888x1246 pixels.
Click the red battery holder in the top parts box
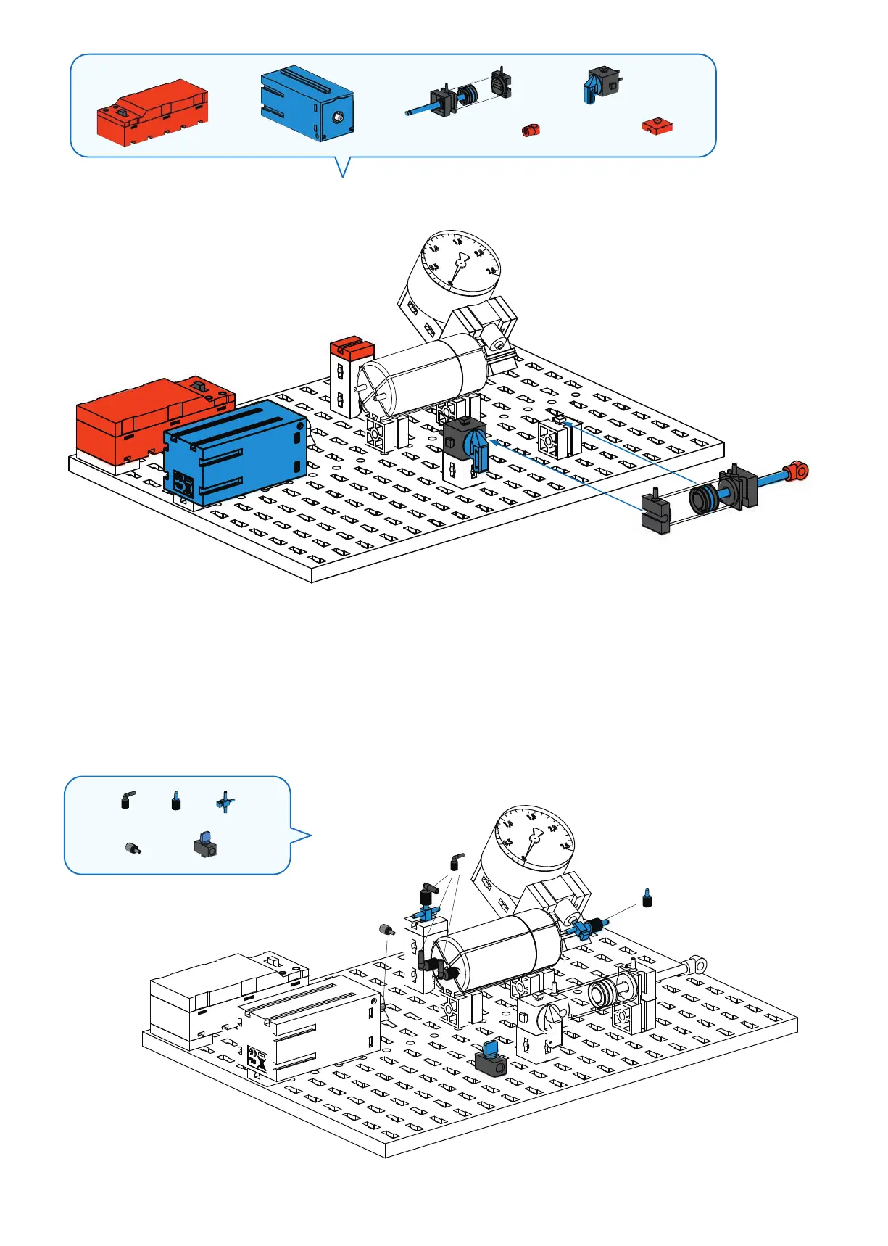[153, 114]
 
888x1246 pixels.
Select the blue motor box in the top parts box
[306, 103]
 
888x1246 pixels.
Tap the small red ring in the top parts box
[531, 131]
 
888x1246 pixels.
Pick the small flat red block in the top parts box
[657, 126]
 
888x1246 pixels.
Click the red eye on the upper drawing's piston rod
[798, 471]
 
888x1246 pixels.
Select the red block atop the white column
[352, 347]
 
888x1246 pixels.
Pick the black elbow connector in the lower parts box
[127, 799]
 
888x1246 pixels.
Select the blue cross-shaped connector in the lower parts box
[225, 802]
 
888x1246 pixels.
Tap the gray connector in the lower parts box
[133, 848]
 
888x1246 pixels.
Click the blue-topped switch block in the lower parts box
[205, 845]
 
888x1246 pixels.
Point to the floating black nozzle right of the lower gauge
[647, 899]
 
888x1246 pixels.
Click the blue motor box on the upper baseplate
[236, 450]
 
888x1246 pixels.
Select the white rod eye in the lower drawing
[697, 963]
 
